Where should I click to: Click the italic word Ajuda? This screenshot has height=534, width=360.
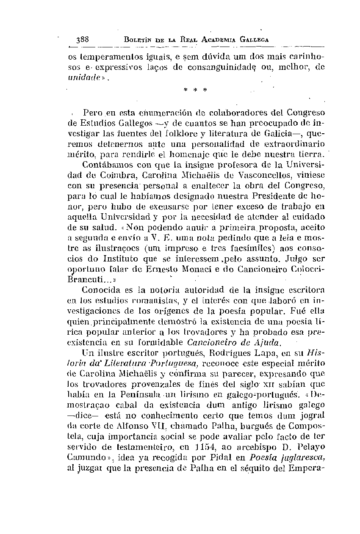[x=269, y=341]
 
